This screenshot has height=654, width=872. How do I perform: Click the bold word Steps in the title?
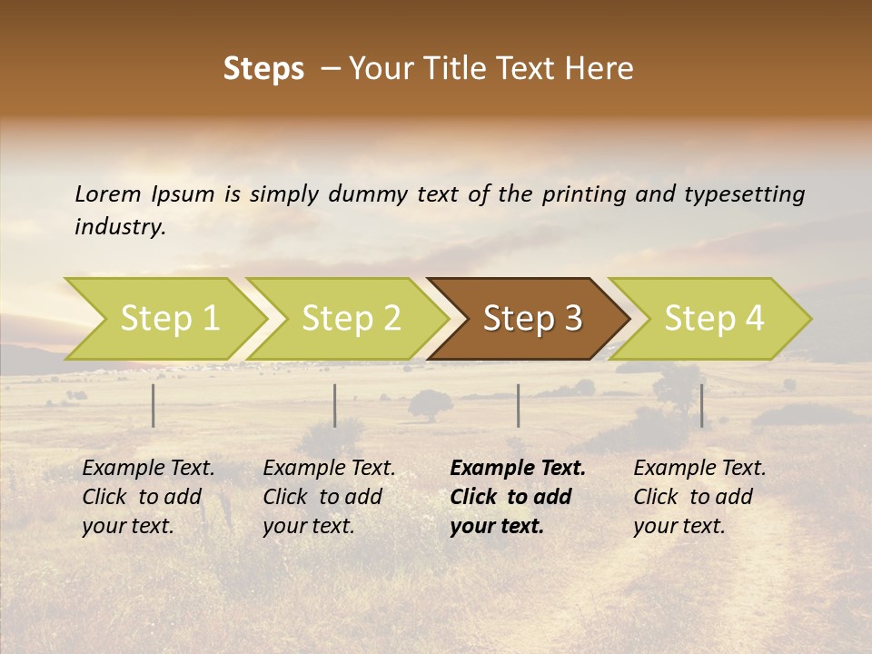[x=263, y=69]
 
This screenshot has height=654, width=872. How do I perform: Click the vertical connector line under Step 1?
[x=154, y=405]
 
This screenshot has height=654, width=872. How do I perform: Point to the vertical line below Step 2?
[x=335, y=405]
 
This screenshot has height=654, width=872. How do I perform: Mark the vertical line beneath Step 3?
[x=519, y=405]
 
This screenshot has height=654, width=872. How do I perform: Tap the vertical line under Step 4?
[x=701, y=405]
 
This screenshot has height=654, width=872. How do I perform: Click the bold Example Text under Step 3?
[x=518, y=469]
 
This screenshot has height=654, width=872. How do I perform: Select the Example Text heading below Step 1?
[x=149, y=469]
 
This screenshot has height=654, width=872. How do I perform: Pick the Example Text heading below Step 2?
[x=330, y=469]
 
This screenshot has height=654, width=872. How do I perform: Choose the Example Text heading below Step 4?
[x=699, y=469]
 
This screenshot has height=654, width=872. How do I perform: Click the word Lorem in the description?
[x=108, y=193]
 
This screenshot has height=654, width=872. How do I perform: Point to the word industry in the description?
[x=120, y=227]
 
